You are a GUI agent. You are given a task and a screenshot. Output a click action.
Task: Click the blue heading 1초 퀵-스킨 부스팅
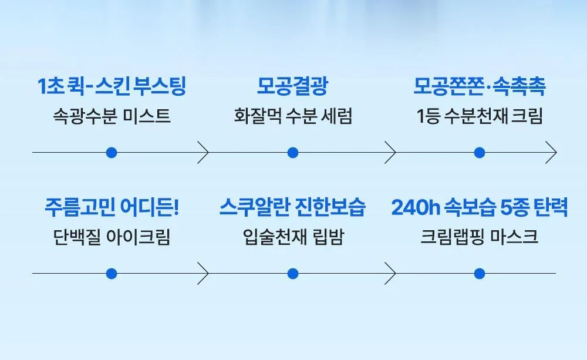(112, 86)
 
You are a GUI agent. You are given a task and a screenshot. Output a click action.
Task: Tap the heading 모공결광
(292, 86)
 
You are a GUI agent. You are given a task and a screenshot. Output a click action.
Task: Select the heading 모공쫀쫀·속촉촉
(480, 86)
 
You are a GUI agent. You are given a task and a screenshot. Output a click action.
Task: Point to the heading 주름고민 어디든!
(112, 207)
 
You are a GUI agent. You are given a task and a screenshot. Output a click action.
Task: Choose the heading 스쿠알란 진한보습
(292, 207)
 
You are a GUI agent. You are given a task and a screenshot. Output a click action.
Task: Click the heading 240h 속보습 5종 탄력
(480, 207)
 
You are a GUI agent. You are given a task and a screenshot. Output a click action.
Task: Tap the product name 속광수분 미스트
(112, 116)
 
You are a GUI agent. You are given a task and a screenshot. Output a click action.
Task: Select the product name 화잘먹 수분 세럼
(293, 116)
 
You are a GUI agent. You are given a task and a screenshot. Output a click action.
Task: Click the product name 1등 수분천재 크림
(480, 116)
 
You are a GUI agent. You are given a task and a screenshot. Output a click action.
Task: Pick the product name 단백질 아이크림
(112, 237)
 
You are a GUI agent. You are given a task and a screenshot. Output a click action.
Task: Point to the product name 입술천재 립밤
(293, 237)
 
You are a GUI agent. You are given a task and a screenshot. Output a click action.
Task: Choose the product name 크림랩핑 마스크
(480, 237)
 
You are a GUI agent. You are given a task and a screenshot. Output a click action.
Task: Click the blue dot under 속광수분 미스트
(112, 153)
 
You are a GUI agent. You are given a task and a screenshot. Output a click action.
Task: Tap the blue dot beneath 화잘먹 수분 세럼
(293, 153)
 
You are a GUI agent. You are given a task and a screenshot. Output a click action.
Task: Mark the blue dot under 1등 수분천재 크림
(480, 153)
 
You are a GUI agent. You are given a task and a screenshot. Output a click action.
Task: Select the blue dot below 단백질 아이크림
(112, 274)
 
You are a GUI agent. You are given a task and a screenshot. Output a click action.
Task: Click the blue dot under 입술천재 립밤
(293, 274)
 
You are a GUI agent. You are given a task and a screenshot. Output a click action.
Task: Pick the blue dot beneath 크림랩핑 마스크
(480, 274)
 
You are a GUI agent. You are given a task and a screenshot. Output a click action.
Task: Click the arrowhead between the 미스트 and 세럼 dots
(207, 153)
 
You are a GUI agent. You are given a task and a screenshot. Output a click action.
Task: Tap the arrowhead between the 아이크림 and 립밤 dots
(207, 274)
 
